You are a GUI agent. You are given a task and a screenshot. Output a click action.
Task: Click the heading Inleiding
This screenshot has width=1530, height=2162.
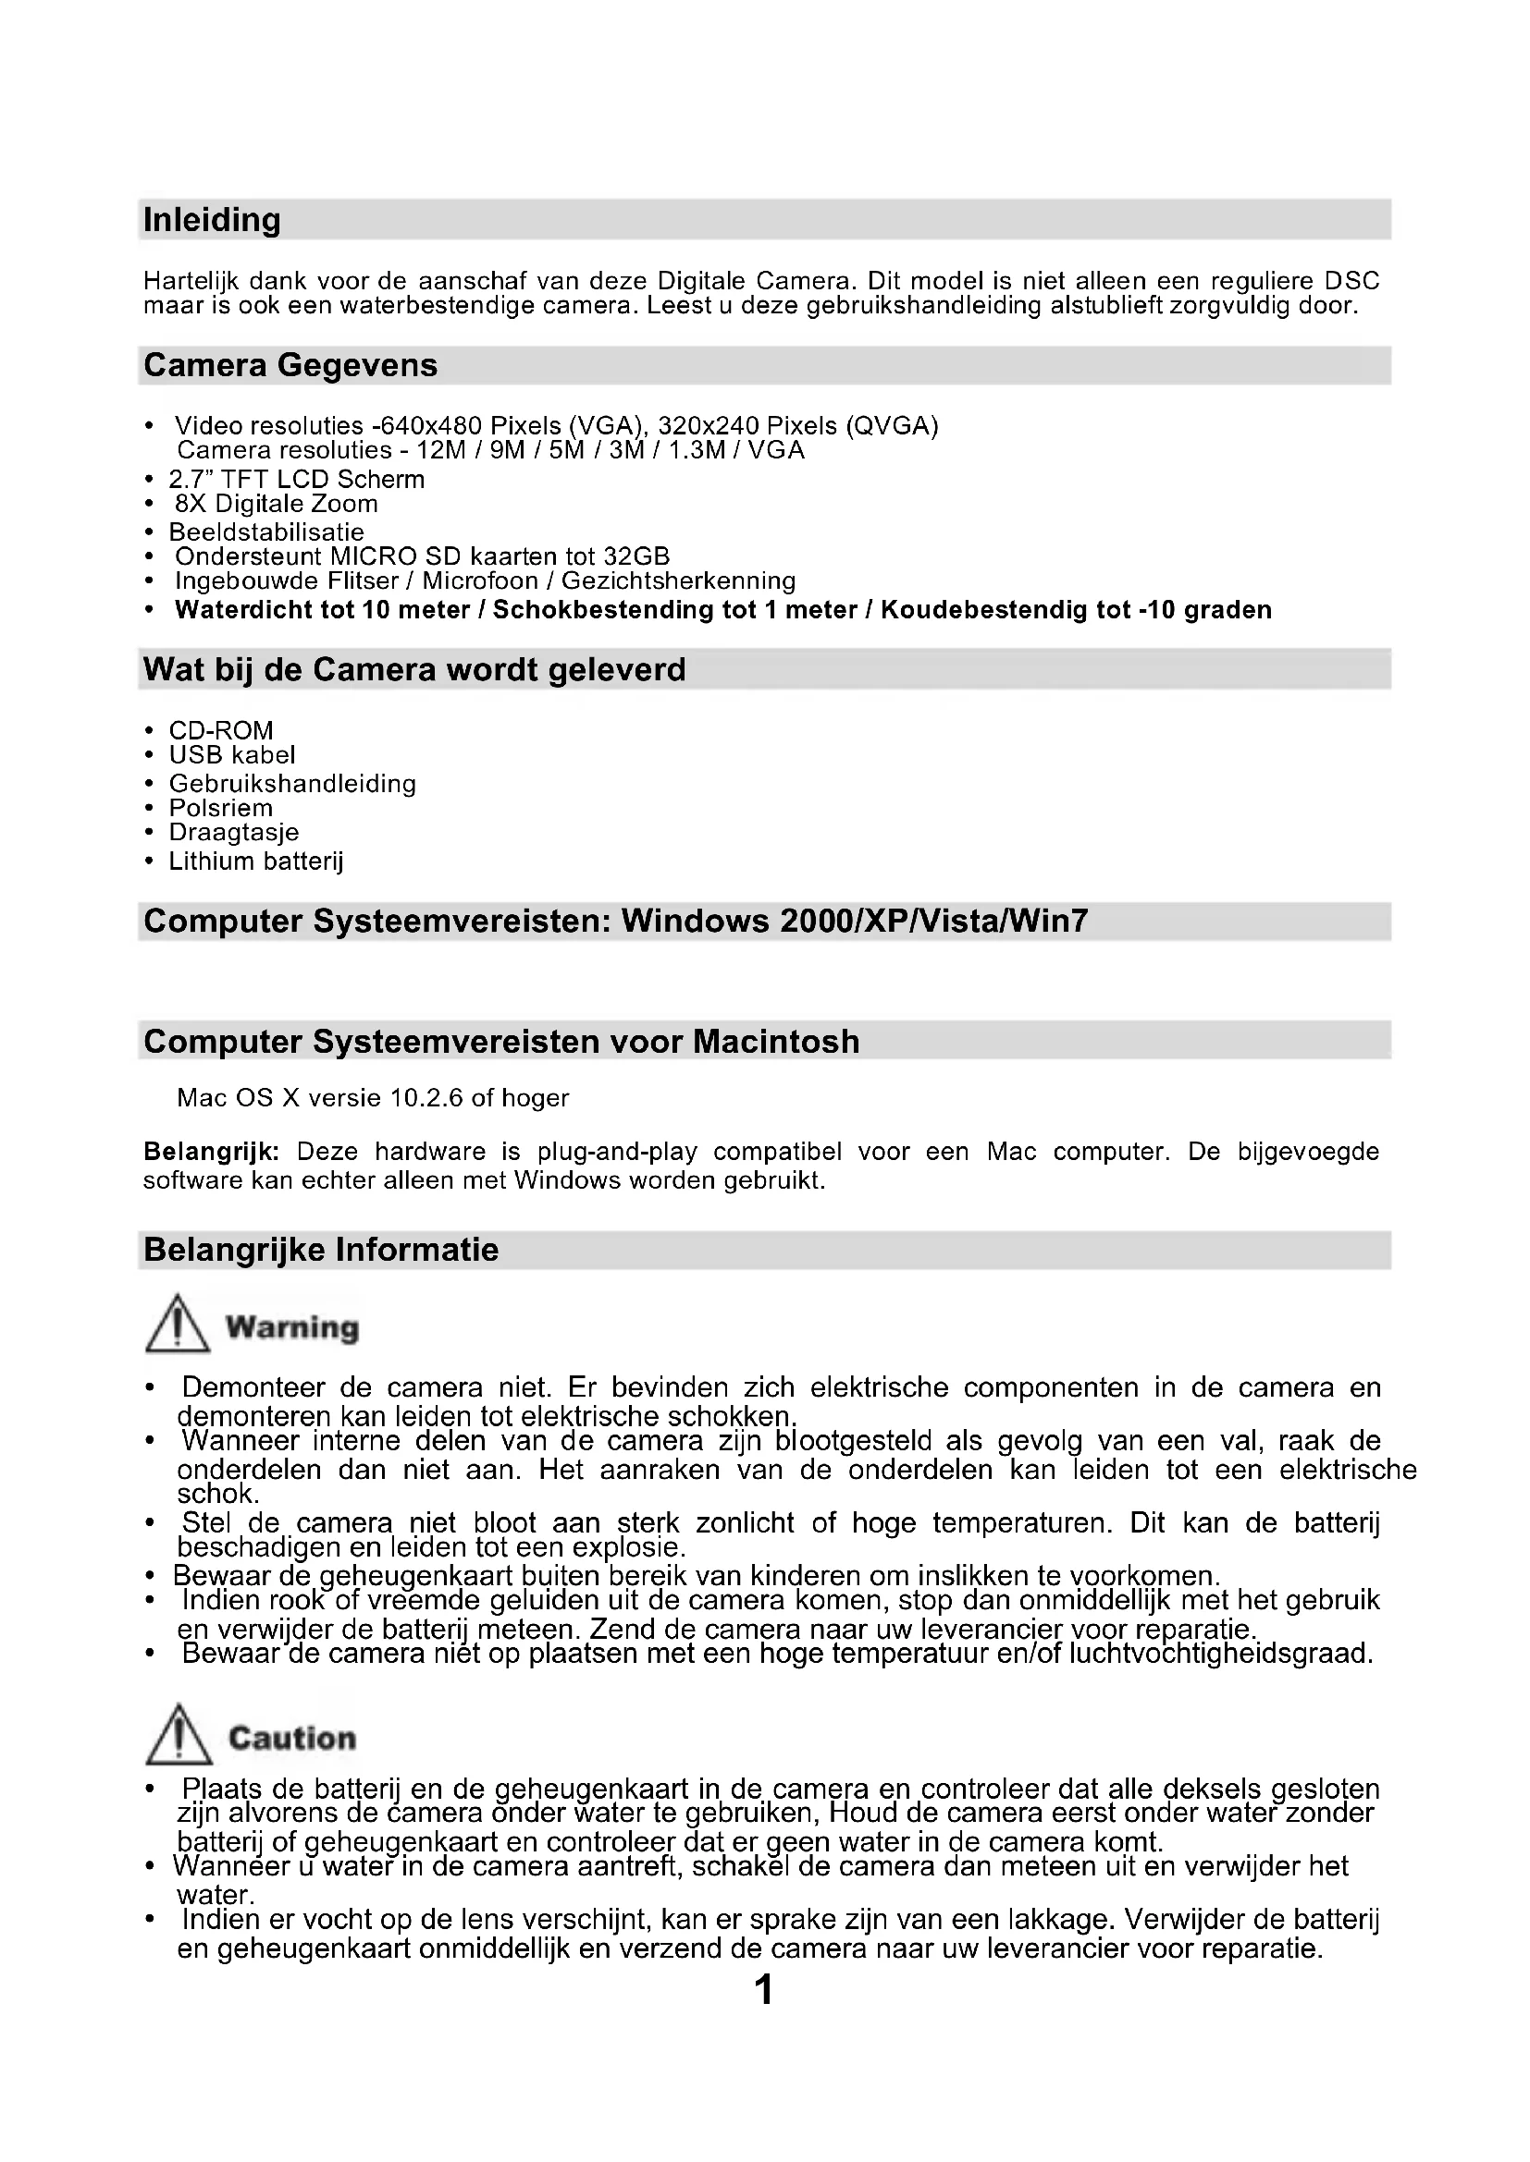tap(212, 220)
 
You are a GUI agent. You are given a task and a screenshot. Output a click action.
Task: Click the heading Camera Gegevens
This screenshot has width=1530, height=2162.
tap(290, 365)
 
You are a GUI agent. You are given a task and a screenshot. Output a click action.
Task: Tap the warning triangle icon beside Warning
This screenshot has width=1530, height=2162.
tap(177, 1324)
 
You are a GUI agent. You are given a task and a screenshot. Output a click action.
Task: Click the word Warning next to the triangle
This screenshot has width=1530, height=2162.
tap(292, 1327)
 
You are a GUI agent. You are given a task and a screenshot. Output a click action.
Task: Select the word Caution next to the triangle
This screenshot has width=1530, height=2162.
tap(292, 1739)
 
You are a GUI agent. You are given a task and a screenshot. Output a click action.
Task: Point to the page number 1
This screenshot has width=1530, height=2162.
tap(764, 1990)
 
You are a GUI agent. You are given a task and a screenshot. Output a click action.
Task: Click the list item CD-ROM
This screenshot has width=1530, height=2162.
tap(220, 731)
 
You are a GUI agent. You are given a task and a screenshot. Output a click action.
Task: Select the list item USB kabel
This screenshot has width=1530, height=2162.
tap(232, 755)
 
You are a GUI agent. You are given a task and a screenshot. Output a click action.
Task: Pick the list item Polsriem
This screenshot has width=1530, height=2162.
tap(220, 808)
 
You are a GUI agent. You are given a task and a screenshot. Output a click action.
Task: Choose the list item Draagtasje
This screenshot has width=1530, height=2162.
tap(234, 833)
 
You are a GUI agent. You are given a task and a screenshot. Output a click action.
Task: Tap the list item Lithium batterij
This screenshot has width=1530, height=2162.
tap(255, 861)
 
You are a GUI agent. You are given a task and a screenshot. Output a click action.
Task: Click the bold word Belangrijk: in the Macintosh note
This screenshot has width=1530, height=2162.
tap(211, 1152)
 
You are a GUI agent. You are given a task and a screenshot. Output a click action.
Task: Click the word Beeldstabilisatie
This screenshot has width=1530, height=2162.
tap(265, 532)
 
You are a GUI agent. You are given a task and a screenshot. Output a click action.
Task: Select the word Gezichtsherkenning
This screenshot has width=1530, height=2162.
tap(678, 581)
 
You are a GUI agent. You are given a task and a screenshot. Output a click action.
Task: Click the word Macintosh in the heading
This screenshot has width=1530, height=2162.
tap(776, 1043)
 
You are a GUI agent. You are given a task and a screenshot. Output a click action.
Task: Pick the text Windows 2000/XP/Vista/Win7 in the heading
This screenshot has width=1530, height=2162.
tap(855, 921)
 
